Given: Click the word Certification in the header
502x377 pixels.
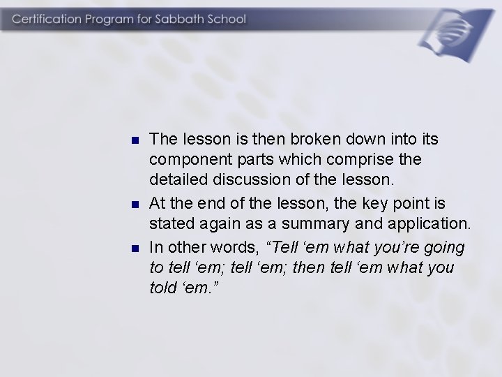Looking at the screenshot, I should pos(47,19).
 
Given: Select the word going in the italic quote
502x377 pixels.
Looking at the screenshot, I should pos(441,247).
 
